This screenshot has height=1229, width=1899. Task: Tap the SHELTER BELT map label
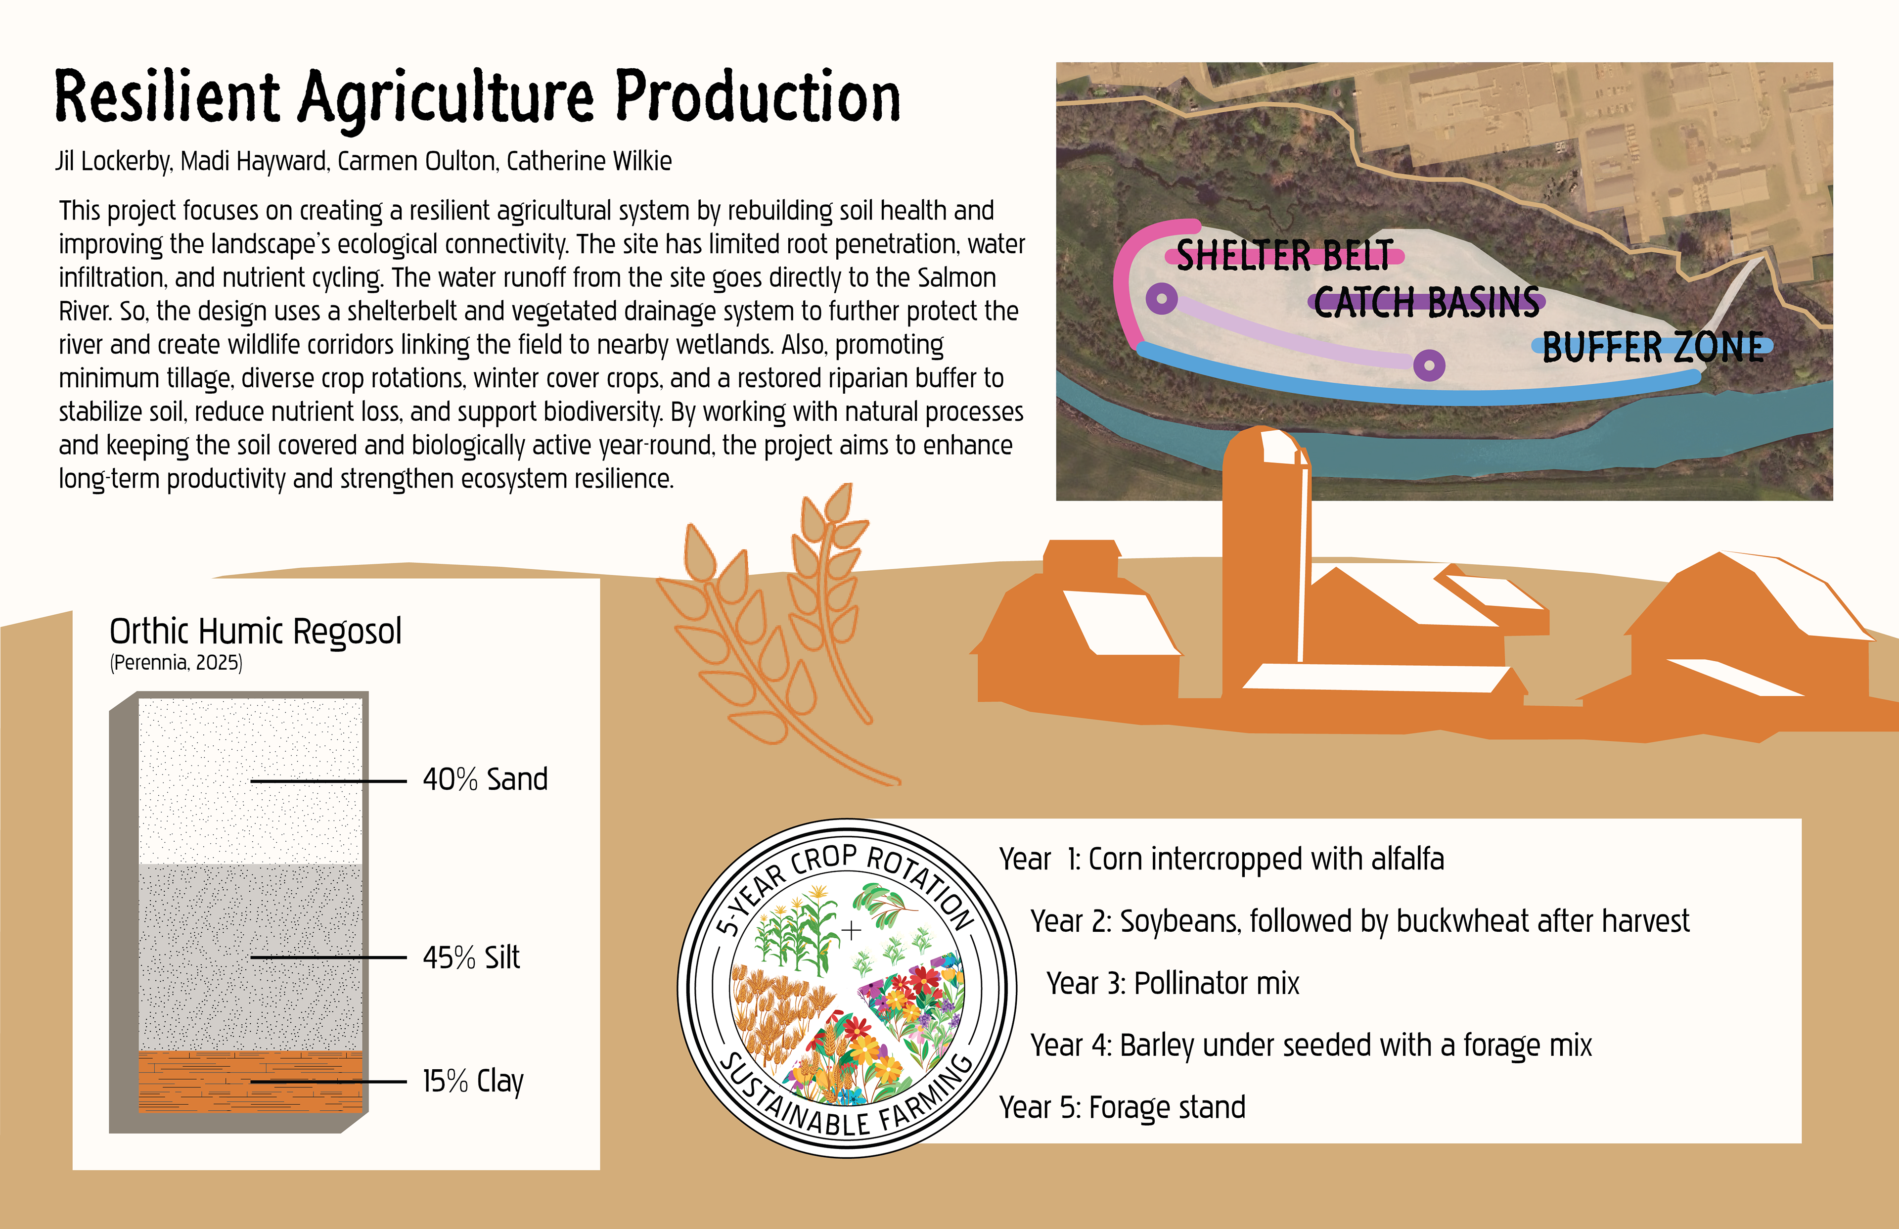pyautogui.click(x=1285, y=255)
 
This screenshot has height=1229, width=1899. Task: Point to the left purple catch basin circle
pyautogui.click(x=1162, y=299)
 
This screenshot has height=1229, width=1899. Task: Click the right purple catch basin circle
pyautogui.click(x=1429, y=365)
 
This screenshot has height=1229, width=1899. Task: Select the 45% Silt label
pyautogui.click(x=471, y=957)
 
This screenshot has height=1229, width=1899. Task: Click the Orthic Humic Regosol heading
pyautogui.click(x=255, y=631)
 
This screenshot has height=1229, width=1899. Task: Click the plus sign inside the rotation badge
pyautogui.click(x=852, y=930)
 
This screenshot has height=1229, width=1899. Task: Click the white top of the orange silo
pyautogui.click(x=1281, y=447)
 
